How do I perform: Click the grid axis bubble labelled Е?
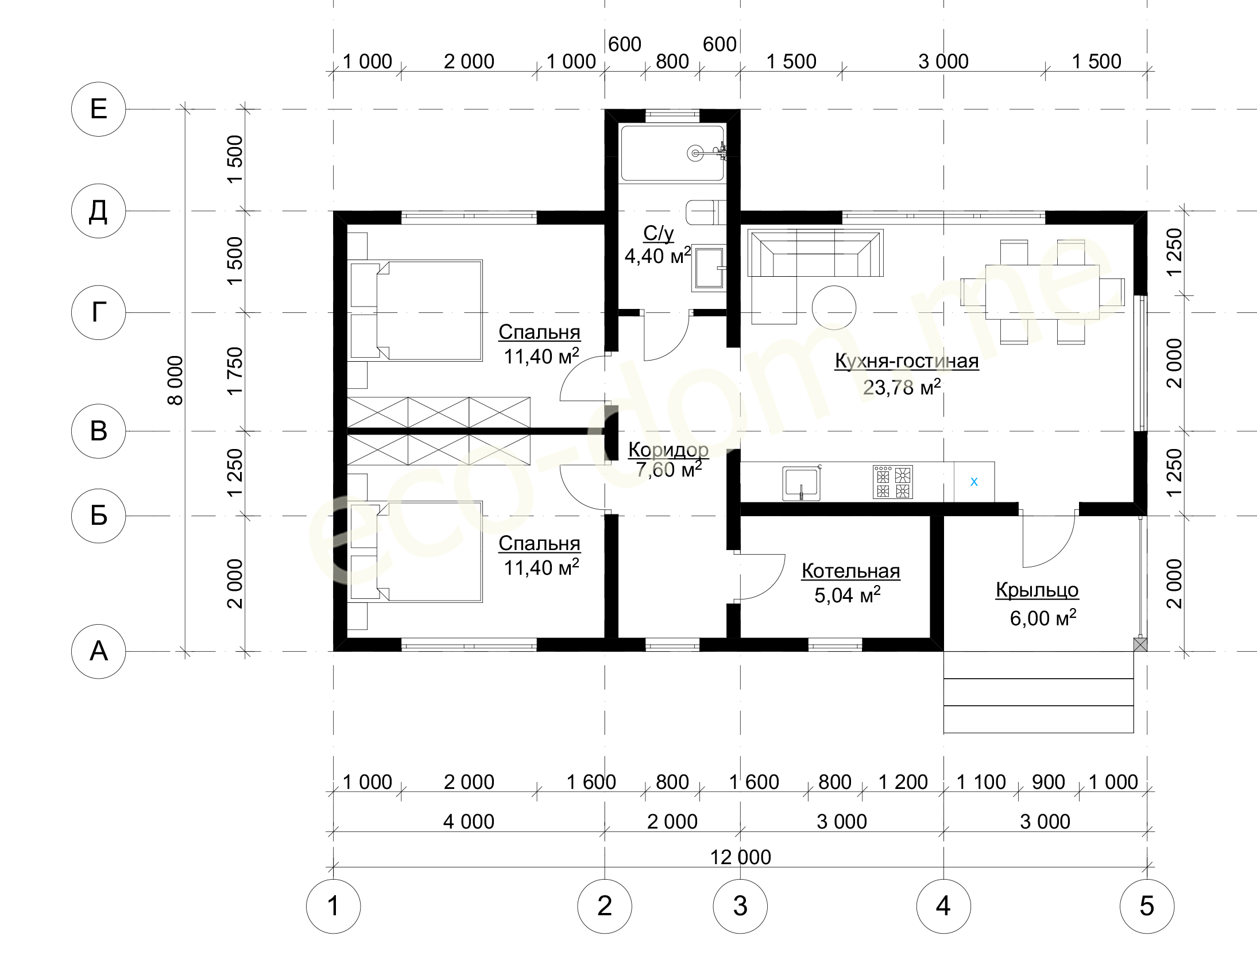click(x=98, y=109)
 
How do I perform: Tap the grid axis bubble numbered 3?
click(x=740, y=906)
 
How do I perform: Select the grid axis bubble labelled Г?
click(x=98, y=312)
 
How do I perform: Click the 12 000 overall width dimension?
click(x=740, y=857)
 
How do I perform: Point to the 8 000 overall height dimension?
click(x=175, y=380)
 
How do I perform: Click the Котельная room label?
click(x=850, y=571)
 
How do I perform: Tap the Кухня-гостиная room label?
click(x=907, y=361)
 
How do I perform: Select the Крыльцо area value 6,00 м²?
click(x=1043, y=618)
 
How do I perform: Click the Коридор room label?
click(x=668, y=449)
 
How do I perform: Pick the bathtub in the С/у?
click(x=672, y=154)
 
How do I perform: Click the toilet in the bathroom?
click(x=706, y=212)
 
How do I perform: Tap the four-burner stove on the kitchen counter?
click(x=893, y=482)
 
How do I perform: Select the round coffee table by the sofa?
click(x=833, y=307)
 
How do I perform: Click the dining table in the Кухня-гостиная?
click(x=1042, y=292)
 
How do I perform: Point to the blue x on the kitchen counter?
click(x=974, y=482)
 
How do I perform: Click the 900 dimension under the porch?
click(x=1048, y=781)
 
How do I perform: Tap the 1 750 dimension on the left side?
click(x=235, y=372)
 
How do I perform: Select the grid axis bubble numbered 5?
click(x=1147, y=906)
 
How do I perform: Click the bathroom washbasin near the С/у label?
click(x=709, y=268)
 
